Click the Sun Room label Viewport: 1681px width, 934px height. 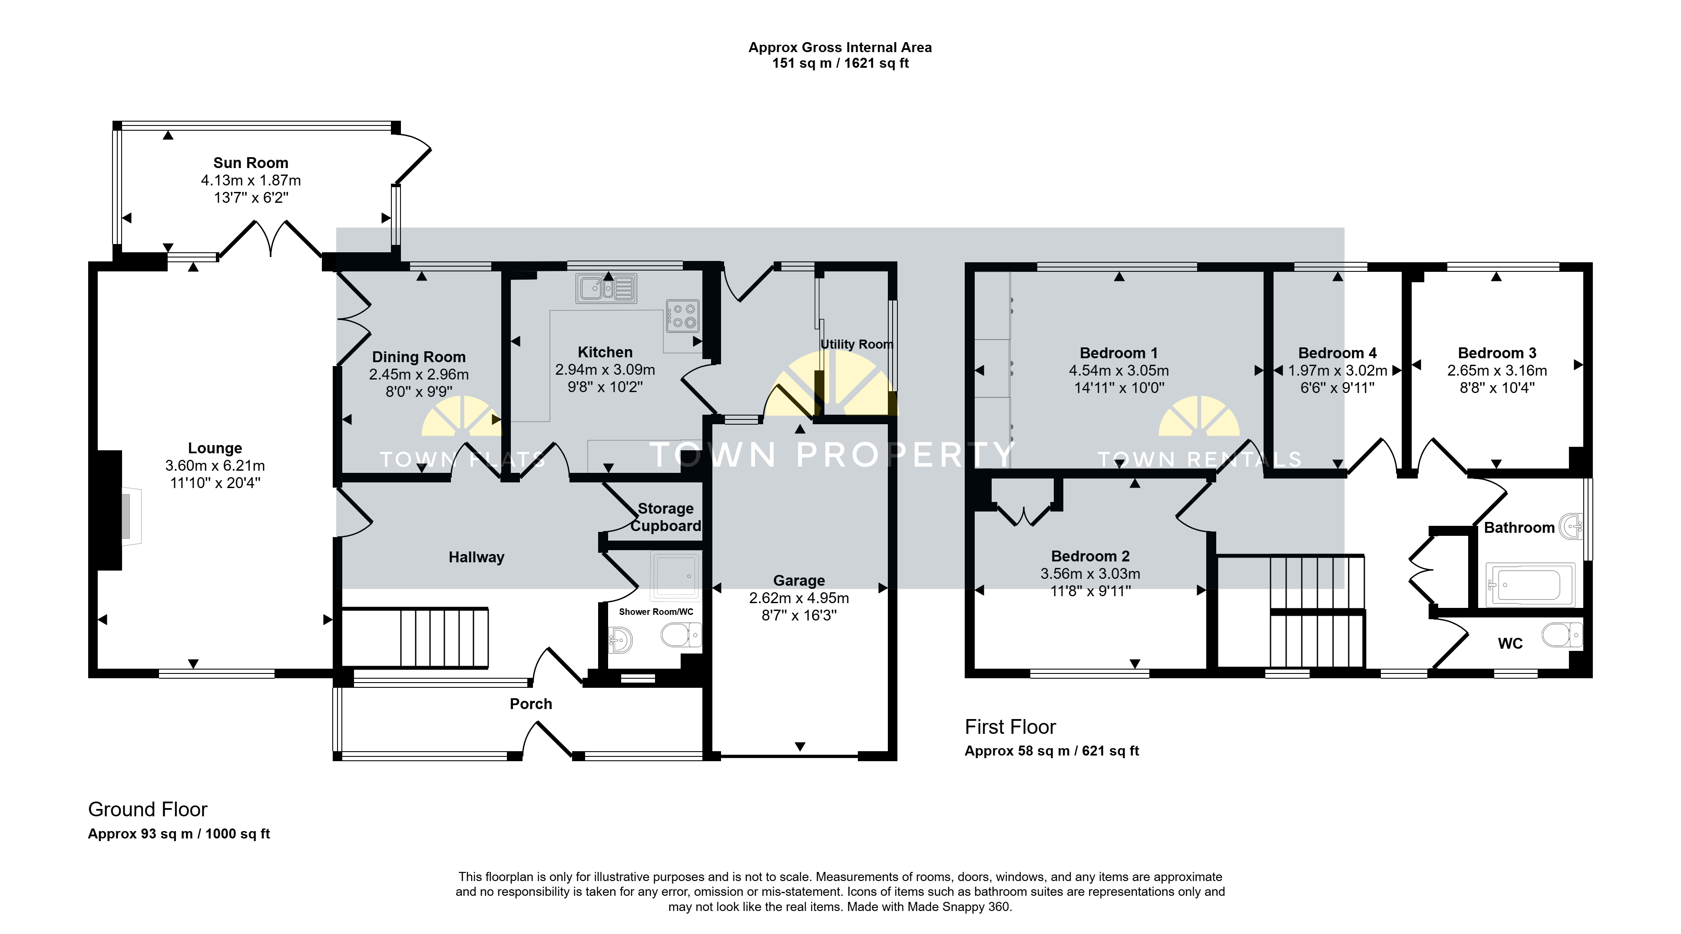pyautogui.click(x=251, y=163)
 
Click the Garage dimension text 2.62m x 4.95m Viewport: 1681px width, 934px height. pyautogui.click(x=799, y=598)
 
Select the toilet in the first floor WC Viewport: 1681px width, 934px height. pyautogui.click(x=1562, y=635)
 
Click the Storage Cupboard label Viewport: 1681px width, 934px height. pyautogui.click(x=665, y=517)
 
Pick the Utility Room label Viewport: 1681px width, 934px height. pyautogui.click(x=857, y=344)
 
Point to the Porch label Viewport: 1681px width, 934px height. pyautogui.click(x=530, y=704)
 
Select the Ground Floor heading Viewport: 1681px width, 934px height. pyautogui.click(x=148, y=809)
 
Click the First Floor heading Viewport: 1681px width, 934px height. pyautogui.click(x=1010, y=726)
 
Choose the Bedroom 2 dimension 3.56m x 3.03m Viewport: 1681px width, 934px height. pyautogui.click(x=1090, y=574)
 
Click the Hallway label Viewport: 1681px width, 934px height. pyautogui.click(x=477, y=558)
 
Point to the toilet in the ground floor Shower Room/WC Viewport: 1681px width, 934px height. pyautogui.click(x=681, y=635)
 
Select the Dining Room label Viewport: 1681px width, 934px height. pyautogui.click(x=418, y=357)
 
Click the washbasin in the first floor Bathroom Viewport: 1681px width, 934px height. pyautogui.click(x=1571, y=526)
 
